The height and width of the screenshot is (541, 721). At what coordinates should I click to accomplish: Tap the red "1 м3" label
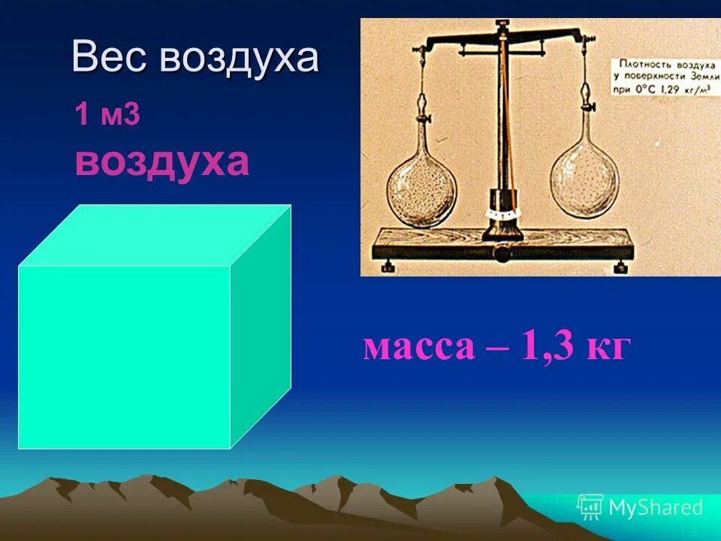click(107, 116)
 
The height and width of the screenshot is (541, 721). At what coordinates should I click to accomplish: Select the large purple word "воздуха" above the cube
click(161, 161)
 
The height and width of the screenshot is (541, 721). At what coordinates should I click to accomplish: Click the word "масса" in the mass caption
click(418, 347)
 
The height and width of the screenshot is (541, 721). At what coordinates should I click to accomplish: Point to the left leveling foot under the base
click(388, 266)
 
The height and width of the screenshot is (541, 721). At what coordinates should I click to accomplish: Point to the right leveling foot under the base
click(621, 267)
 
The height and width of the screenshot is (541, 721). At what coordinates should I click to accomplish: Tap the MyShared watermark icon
click(590, 506)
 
